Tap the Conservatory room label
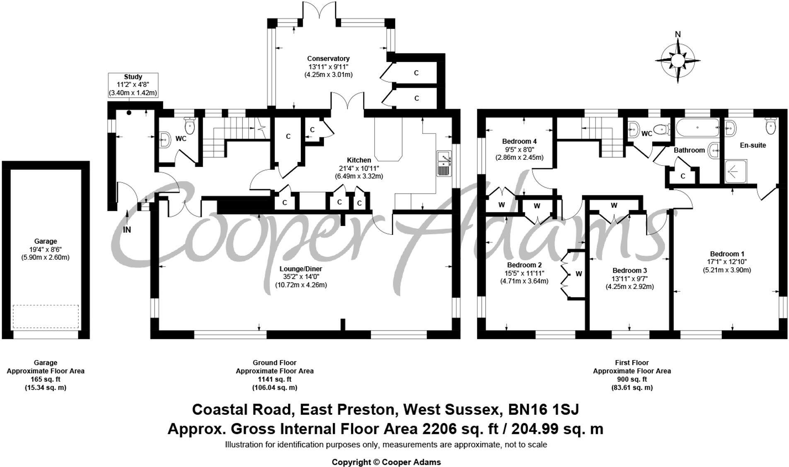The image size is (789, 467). coord(328,58)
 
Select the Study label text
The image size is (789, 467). coord(133,77)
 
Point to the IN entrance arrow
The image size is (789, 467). coord(127,222)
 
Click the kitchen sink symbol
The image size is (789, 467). coord(444,164)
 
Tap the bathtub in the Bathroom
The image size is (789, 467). coord(697,128)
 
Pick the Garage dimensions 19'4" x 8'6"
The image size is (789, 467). coord(45,249)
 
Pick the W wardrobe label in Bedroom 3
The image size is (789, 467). coord(614,205)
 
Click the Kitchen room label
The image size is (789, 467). coord(359,160)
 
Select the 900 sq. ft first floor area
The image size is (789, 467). coord(632,379)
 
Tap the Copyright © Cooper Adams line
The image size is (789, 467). coord(386,462)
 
